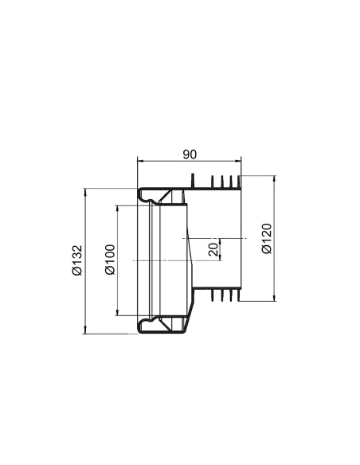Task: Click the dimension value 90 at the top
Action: coord(190,154)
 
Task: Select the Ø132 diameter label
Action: coord(76,260)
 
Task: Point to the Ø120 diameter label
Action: coord(267,238)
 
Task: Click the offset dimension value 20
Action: coord(213,249)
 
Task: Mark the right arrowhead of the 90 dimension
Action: coord(238,162)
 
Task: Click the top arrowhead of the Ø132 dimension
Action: coord(85,191)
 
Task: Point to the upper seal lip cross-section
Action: coord(147,194)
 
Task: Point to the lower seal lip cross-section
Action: coord(147,326)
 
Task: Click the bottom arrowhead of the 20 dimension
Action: coord(220,259)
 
